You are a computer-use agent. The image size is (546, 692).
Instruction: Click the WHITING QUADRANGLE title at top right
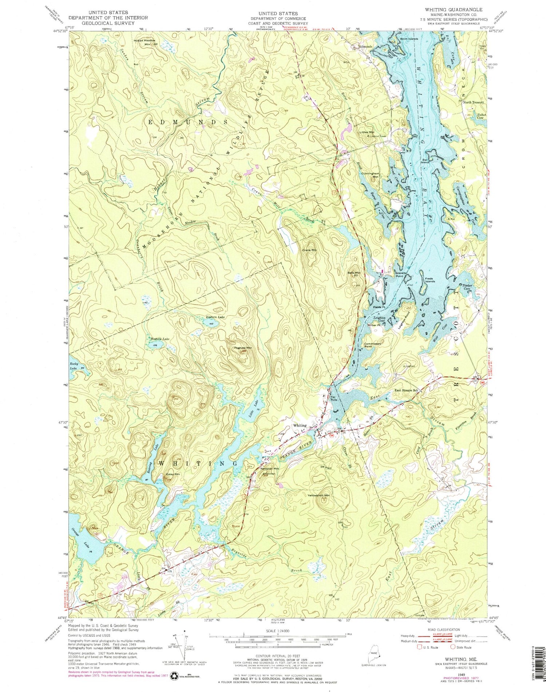click(453, 10)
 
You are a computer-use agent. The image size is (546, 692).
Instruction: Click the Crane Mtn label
click(309, 250)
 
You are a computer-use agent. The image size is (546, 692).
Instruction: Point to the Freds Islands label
click(430, 280)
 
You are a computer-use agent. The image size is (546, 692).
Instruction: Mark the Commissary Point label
click(373, 345)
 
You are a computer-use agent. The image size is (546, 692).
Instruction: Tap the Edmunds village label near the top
click(365, 47)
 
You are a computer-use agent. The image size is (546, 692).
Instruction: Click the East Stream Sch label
click(408, 390)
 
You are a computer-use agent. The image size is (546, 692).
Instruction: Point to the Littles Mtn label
click(367, 132)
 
